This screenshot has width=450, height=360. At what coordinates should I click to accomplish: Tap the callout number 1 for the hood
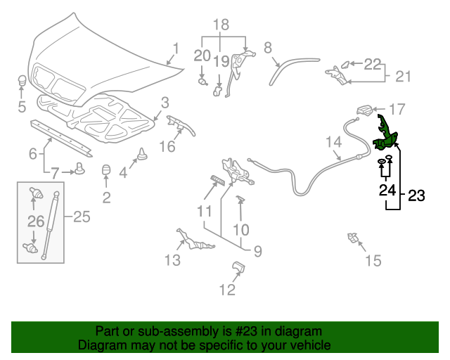[x=176, y=49]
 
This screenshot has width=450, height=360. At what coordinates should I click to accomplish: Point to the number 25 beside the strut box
[x=82, y=217]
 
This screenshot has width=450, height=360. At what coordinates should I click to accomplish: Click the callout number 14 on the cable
[x=333, y=143]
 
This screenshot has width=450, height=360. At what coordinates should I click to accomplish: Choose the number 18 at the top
[x=221, y=25]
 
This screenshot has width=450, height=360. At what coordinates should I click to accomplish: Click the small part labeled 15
[x=351, y=238]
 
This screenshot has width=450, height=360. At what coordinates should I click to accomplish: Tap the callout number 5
[x=22, y=107]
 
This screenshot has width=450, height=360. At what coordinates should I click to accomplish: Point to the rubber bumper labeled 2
[x=108, y=171]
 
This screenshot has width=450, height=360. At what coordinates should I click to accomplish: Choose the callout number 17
[x=397, y=109]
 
